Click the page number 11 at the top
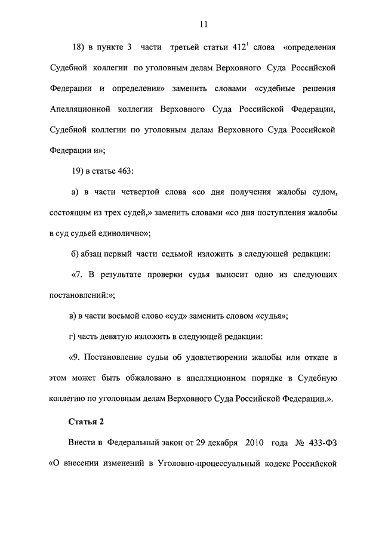point(204,24)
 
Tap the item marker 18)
point(80,47)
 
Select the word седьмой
point(174,254)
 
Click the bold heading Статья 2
point(87,421)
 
